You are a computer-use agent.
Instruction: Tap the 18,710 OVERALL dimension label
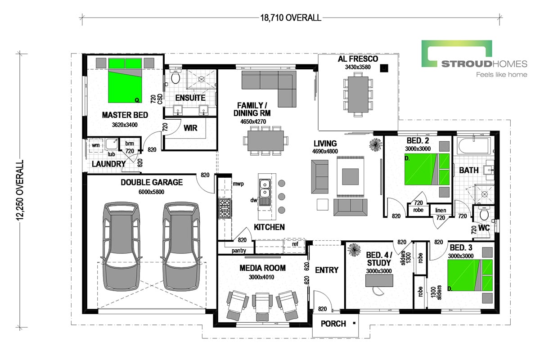(x=291, y=18)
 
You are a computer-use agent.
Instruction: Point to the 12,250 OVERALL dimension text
(x=19, y=191)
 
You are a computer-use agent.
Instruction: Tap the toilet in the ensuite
(x=175, y=78)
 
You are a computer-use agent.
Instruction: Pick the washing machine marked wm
(x=95, y=145)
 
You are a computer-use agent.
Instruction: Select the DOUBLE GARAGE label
(x=152, y=182)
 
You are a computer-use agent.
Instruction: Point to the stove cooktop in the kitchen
(x=225, y=208)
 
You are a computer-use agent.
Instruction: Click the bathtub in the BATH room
(x=473, y=146)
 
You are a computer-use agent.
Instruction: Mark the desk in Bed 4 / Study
(x=378, y=280)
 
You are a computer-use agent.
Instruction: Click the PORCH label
(x=333, y=324)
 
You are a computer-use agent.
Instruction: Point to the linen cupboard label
(x=441, y=210)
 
